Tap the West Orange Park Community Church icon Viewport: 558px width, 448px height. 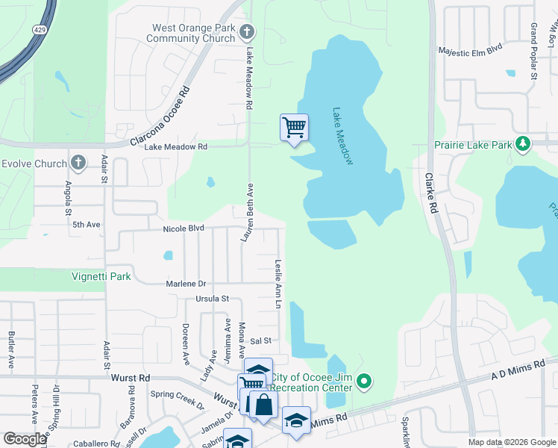[248, 32]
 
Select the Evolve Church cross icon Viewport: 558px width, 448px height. [78, 164]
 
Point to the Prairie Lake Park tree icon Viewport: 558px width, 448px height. [524, 143]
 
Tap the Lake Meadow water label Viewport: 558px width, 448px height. [342, 135]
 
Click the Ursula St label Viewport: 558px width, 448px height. [213, 299]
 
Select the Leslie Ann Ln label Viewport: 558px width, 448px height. [278, 284]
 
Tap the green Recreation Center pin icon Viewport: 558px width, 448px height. [364, 382]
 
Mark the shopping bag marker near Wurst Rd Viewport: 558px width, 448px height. [263, 406]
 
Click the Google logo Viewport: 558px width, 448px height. [25, 439]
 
